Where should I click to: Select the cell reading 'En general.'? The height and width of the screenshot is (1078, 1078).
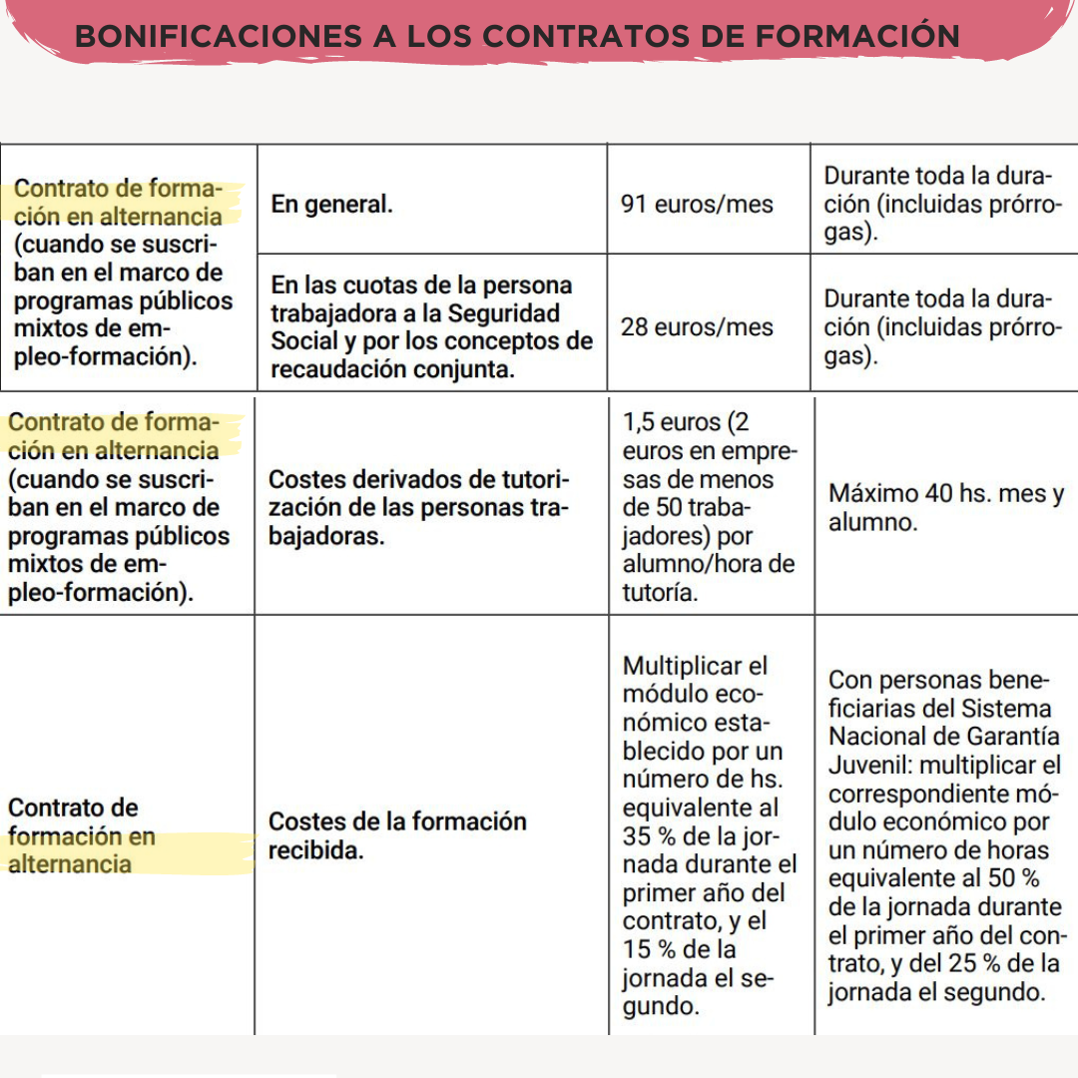(331, 205)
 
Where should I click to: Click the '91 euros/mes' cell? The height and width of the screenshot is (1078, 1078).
(697, 205)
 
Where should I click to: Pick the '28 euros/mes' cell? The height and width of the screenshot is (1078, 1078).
(697, 326)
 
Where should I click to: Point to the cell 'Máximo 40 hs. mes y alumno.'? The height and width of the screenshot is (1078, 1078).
(945, 507)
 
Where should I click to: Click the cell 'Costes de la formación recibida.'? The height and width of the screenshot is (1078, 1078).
(397, 836)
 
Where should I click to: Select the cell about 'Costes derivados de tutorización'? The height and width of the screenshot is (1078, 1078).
(419, 507)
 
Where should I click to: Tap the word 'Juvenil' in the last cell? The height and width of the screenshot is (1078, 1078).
(864, 767)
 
